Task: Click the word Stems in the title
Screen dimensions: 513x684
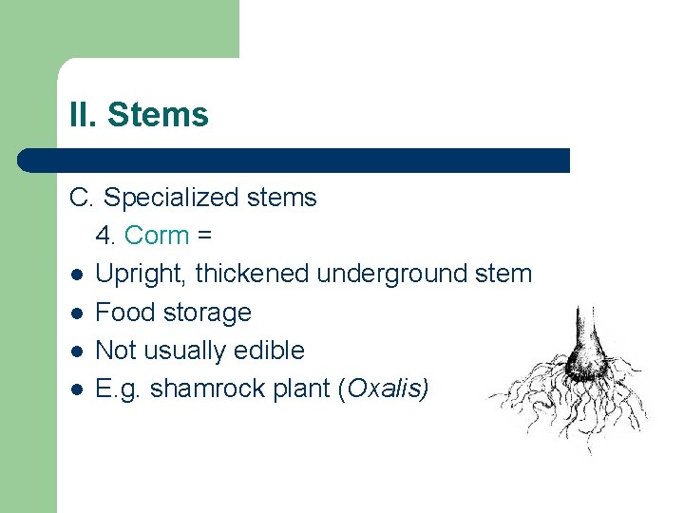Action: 158,115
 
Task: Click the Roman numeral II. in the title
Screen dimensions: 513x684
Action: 83,115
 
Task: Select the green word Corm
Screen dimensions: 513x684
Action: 157,235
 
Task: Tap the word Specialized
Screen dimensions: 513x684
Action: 161,198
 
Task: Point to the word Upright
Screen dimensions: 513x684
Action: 142,275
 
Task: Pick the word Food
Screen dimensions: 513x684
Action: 123,313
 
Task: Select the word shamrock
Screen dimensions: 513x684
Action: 202,389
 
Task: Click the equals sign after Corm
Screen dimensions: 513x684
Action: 204,236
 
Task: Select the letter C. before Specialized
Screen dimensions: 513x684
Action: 82,198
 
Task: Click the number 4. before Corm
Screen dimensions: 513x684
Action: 104,235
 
